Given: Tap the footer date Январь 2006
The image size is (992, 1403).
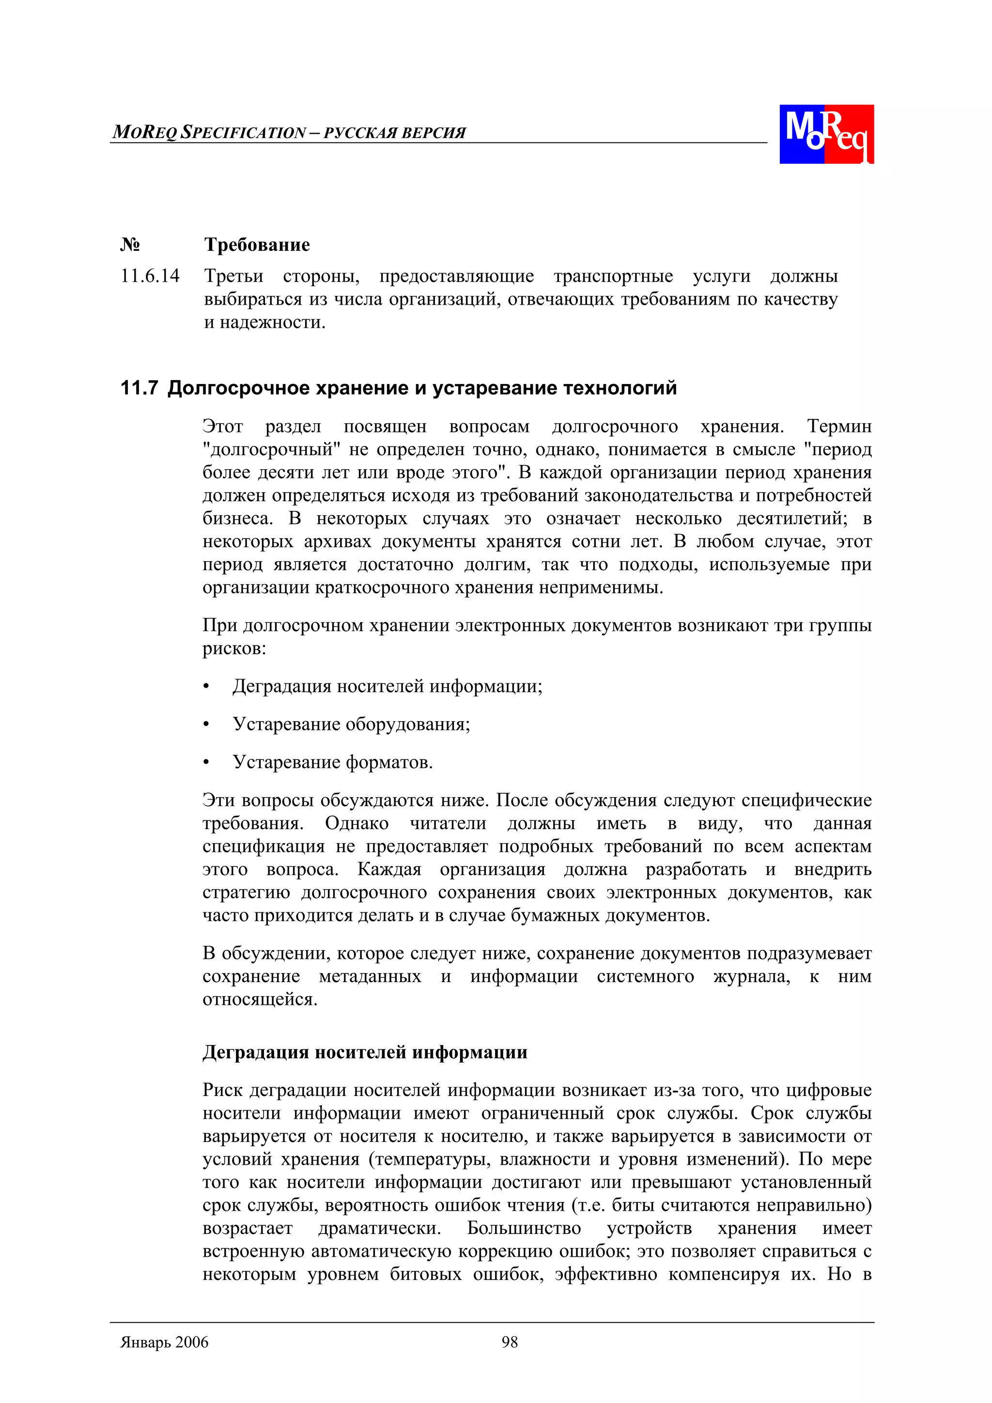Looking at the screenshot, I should tap(164, 1342).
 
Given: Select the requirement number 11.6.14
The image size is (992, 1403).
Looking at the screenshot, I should tap(150, 276).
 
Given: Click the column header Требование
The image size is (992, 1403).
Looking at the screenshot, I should tap(257, 245).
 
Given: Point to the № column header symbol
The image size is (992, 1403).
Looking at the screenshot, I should tap(130, 245).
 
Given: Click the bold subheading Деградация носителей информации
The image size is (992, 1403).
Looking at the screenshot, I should tap(365, 1051).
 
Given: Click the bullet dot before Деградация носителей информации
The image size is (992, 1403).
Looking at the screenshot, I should tap(207, 687).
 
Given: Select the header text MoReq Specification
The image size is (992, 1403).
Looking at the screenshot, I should tap(209, 132).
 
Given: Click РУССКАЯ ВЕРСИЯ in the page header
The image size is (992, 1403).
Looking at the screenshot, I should tap(394, 133).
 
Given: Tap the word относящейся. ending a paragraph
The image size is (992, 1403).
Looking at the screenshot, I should tap(260, 999).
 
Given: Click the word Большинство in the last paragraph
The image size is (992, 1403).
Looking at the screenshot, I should tap(524, 1228).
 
